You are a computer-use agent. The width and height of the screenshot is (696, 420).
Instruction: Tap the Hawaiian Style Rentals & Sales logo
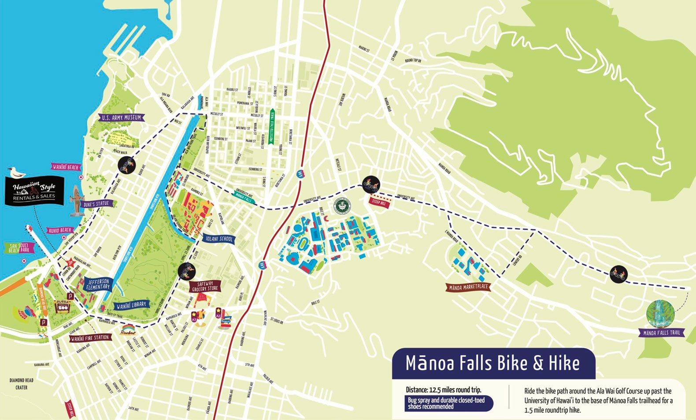34,191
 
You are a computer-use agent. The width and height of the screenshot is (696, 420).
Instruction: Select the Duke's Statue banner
96,204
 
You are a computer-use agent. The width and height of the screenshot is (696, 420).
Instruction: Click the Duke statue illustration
77,201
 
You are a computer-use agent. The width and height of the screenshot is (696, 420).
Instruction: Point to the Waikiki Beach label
66,167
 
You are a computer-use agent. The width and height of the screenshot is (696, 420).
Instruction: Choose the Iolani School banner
219,239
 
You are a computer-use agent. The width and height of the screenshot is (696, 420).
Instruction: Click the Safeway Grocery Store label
205,286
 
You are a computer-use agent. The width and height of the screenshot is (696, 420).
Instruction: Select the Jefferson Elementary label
98,284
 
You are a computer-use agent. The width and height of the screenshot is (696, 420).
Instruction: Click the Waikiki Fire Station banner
90,338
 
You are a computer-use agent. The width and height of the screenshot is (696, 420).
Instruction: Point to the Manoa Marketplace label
468,287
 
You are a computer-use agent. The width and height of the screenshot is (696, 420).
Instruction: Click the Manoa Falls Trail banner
662,333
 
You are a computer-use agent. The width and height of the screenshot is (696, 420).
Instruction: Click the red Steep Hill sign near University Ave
379,202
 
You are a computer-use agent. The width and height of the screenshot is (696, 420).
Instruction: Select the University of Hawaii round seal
341,206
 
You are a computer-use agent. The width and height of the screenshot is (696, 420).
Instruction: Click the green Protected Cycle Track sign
272,127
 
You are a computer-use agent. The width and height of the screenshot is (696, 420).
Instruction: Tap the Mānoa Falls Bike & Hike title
492,364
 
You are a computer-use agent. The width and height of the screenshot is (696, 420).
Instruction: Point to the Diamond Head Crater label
21,384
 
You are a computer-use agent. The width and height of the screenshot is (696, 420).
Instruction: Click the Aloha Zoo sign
62,306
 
